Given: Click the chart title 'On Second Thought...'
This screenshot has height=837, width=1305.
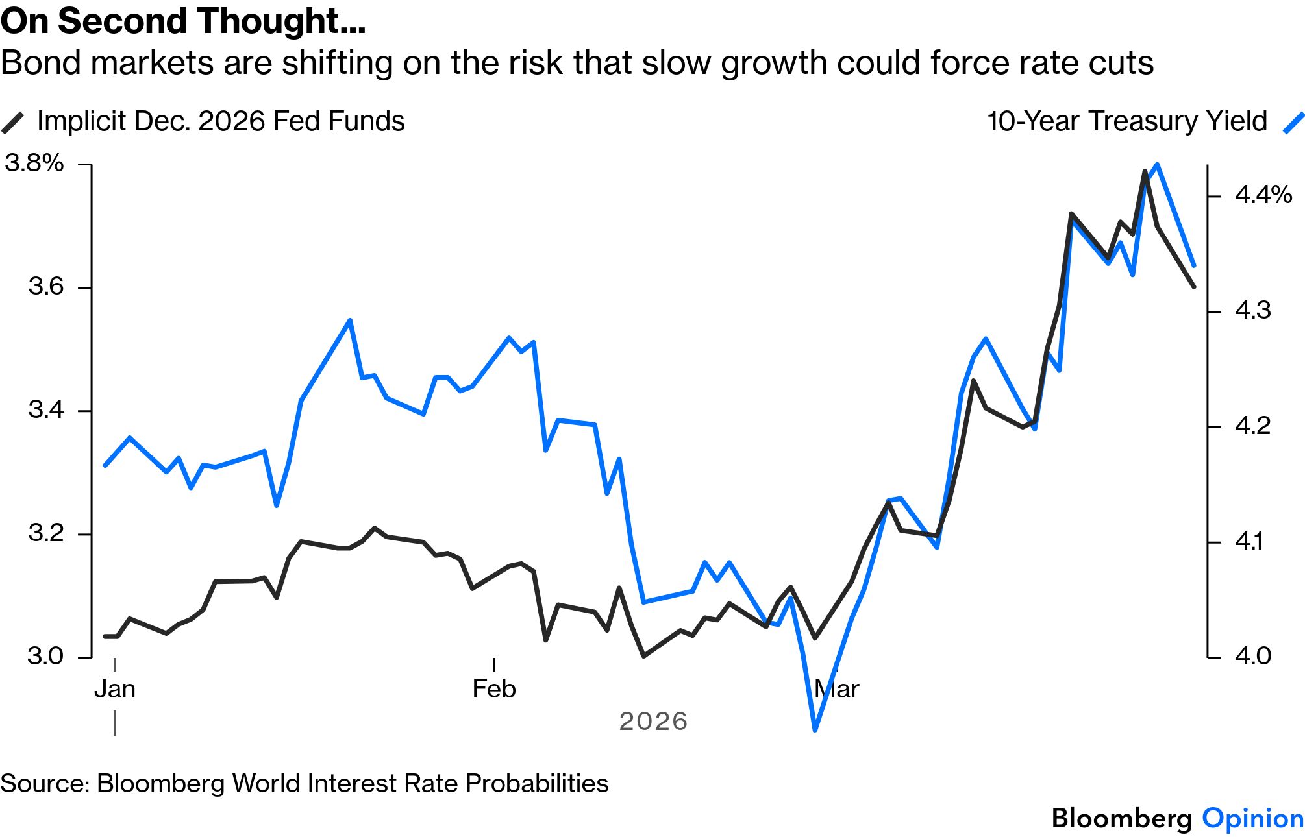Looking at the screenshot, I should pyautogui.click(x=183, y=21).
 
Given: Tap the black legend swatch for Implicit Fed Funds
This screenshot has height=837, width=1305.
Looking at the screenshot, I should pyautogui.click(x=13, y=122).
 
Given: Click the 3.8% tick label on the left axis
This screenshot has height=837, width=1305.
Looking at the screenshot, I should pyautogui.click(x=34, y=163).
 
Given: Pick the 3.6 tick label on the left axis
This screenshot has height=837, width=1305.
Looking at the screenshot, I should pyautogui.click(x=46, y=286).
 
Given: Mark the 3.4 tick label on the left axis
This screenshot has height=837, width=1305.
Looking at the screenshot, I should pyautogui.click(x=46, y=409).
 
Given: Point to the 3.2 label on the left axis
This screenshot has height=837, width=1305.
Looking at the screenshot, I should pyautogui.click(x=46, y=533).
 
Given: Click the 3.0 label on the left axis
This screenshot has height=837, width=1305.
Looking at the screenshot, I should pyautogui.click(x=45, y=656).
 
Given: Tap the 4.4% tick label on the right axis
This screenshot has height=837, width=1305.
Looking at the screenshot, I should pyautogui.click(x=1263, y=195).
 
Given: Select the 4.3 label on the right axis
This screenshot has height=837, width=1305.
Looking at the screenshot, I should pyautogui.click(x=1252, y=311).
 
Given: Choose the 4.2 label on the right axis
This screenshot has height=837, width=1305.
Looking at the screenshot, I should pyautogui.click(x=1252, y=426).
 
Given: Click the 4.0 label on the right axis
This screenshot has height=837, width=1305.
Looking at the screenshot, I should pyautogui.click(x=1252, y=656).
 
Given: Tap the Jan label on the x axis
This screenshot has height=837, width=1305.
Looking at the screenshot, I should pyautogui.click(x=115, y=689).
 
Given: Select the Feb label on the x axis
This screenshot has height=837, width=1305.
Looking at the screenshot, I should pyautogui.click(x=494, y=689).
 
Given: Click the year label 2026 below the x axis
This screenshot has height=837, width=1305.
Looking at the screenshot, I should pyautogui.click(x=653, y=722).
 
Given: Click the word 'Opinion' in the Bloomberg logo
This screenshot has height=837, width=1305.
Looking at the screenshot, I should pyautogui.click(x=1252, y=819).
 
